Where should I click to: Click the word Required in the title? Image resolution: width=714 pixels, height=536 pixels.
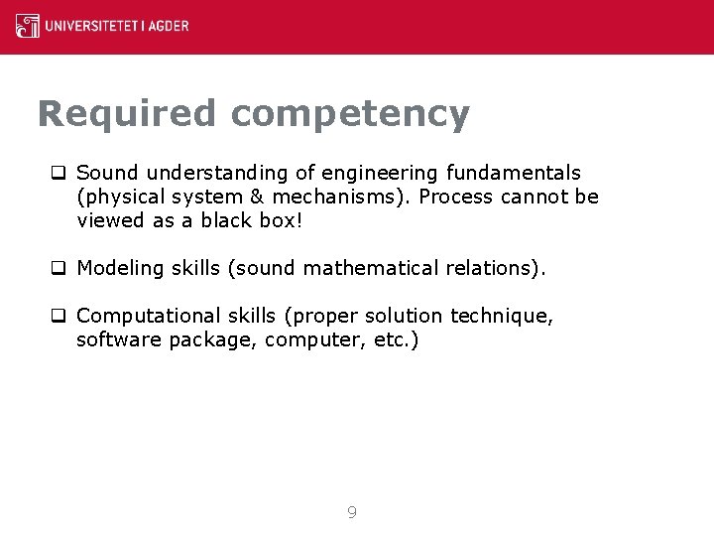(x=125, y=114)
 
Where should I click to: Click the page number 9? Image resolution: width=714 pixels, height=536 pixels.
(x=352, y=513)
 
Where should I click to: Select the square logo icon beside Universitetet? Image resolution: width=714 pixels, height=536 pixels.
(x=28, y=26)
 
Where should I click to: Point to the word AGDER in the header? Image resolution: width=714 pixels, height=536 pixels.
(x=171, y=26)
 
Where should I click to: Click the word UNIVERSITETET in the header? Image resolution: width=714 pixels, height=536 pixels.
(x=93, y=26)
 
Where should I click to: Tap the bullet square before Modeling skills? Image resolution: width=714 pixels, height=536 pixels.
(x=59, y=268)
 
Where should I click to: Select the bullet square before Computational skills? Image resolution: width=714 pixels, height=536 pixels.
(x=59, y=316)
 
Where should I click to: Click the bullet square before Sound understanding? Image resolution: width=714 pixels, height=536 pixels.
(x=59, y=174)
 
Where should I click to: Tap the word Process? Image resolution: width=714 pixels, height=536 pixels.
(x=456, y=197)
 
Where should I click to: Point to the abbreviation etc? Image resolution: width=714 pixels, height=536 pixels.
(x=399, y=339)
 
